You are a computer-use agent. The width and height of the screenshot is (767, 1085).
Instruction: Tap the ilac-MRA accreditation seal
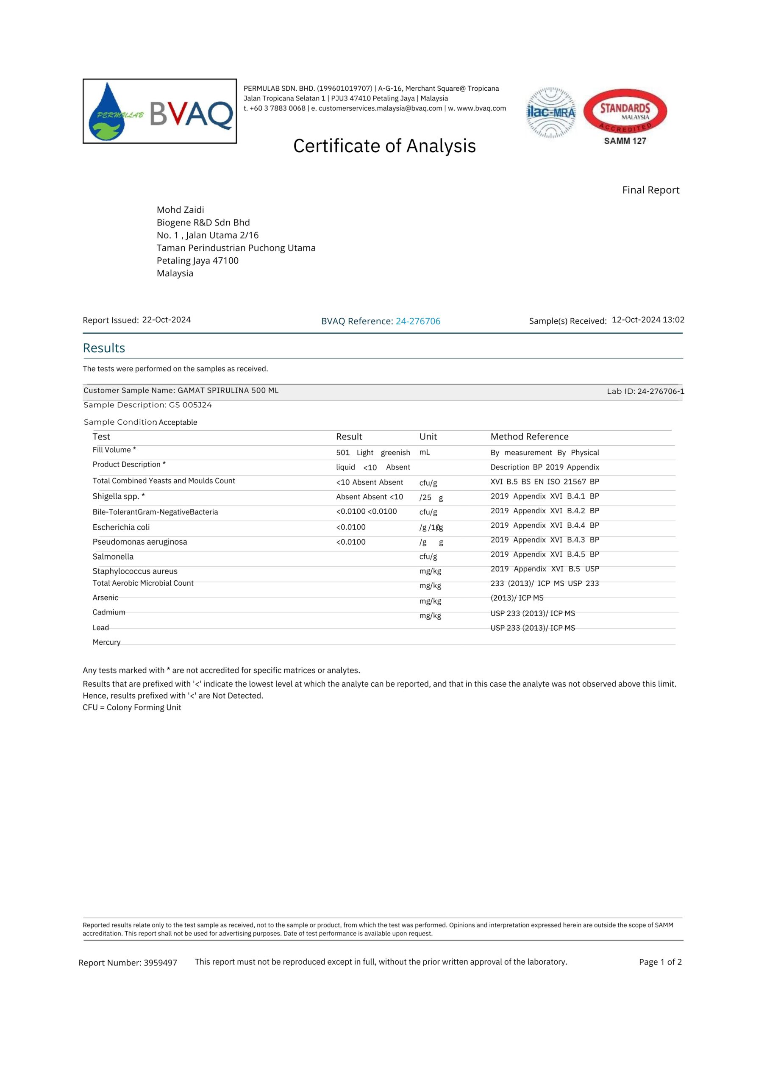coord(551,112)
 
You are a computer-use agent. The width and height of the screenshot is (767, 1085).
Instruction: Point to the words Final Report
coord(650,190)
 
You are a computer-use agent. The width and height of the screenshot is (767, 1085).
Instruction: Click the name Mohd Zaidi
coord(181,210)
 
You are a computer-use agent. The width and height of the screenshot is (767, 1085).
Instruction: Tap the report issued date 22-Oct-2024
coord(167,320)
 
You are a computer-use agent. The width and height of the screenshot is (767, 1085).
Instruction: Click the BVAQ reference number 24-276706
coord(418,321)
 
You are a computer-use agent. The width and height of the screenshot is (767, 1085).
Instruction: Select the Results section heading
coord(104,348)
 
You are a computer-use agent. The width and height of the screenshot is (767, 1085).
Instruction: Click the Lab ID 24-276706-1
coord(660,391)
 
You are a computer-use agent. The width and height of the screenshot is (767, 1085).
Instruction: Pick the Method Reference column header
coord(529,437)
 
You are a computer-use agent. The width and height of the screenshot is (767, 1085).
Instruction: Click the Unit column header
coord(428,437)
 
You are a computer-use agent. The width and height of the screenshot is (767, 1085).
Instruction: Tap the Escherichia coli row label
coord(121,527)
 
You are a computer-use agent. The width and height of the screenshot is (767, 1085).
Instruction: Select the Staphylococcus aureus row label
coord(135,571)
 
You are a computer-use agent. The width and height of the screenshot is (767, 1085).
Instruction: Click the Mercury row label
coord(106,642)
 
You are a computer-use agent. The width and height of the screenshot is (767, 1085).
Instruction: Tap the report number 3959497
coord(160,963)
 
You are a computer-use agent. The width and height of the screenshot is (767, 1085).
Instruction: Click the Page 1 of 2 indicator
coord(660,962)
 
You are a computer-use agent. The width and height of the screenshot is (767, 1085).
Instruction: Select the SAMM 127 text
coord(625,141)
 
